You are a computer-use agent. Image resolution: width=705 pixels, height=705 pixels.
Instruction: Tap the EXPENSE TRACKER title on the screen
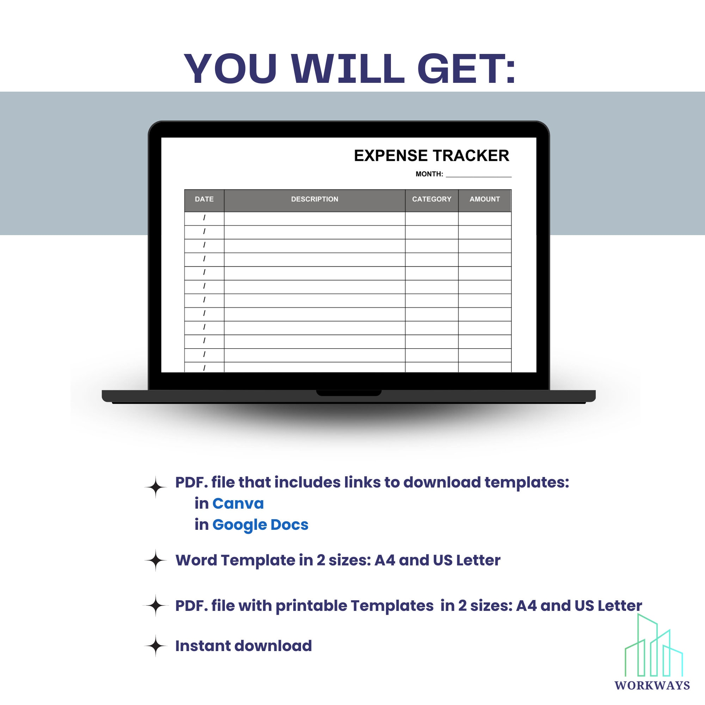pos(431,156)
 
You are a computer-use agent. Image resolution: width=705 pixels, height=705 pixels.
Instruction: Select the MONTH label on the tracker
pos(429,174)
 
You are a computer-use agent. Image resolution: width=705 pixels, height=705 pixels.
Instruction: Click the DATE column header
pos(204,199)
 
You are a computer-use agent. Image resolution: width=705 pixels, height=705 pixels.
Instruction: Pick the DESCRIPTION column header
pos(314,199)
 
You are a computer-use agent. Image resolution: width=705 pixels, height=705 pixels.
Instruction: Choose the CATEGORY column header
pos(432,199)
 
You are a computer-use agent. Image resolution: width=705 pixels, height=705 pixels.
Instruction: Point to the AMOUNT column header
pos(485,199)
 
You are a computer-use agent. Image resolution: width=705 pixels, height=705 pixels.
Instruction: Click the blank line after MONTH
pos(478,176)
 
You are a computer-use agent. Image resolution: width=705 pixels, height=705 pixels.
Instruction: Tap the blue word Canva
pos(238,504)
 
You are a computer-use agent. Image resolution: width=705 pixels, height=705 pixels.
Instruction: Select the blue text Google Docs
pos(260,525)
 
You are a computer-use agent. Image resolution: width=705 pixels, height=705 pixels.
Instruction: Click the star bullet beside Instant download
pos(156,646)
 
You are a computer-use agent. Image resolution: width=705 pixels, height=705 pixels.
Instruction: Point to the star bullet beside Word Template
pos(156,560)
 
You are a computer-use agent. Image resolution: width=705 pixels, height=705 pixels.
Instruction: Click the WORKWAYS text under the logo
pos(652,685)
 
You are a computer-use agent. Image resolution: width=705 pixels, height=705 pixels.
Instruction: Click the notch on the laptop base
pos(349,393)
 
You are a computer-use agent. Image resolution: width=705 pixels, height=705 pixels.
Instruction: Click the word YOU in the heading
pos(230,69)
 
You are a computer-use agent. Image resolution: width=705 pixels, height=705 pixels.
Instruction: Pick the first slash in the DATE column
pos(204,218)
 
